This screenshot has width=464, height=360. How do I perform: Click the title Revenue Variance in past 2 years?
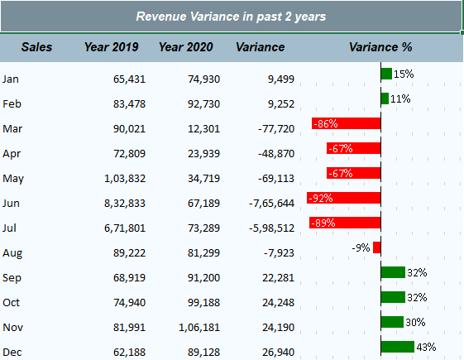pyautogui.click(x=231, y=17)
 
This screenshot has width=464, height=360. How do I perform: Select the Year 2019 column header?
pyautogui.click(x=112, y=47)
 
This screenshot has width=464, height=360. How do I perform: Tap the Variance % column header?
pyautogui.click(x=380, y=47)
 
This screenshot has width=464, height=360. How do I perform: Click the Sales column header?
pyautogui.click(x=36, y=47)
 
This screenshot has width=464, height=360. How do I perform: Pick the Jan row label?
pyautogui.click(x=11, y=79)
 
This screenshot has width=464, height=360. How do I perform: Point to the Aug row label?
pyautogui.click(x=12, y=253)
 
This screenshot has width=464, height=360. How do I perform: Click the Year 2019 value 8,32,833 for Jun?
pyautogui.click(x=125, y=204)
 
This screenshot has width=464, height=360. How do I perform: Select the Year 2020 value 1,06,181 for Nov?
pyautogui.click(x=199, y=328)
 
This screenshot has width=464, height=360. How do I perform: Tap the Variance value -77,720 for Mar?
pyautogui.click(x=276, y=129)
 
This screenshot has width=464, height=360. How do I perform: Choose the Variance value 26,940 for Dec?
pyautogui.click(x=278, y=353)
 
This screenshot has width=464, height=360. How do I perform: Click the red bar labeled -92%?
pyautogui.click(x=344, y=198)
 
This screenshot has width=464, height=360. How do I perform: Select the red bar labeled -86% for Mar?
pyautogui.click(x=347, y=123)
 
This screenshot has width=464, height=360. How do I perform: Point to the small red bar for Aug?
pyautogui.click(x=377, y=247)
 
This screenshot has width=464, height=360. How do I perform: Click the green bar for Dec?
pyautogui.click(x=398, y=347)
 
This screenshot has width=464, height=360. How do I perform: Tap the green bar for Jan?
pyautogui.click(x=386, y=74)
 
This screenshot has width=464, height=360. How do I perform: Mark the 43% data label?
pyautogui.click(x=426, y=347)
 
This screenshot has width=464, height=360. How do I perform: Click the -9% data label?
pyautogui.click(x=361, y=247)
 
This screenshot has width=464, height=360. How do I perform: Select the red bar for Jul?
pyautogui.click(x=345, y=223)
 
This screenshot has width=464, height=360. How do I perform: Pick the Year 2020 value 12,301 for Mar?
pyautogui.click(x=203, y=129)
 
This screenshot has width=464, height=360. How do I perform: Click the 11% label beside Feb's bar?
pyautogui.click(x=400, y=98)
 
